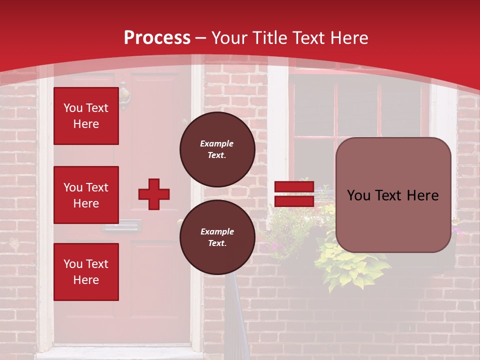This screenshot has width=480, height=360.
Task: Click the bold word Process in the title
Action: pyautogui.click(x=157, y=37)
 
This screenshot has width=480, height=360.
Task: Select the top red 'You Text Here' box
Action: pyautogui.click(x=86, y=116)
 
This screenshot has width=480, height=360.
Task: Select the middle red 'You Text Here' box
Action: pyautogui.click(x=86, y=195)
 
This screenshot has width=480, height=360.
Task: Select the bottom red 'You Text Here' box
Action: pyautogui.click(x=86, y=272)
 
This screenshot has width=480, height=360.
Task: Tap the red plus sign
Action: pyautogui.click(x=154, y=194)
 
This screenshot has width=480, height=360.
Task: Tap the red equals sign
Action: pyautogui.click(x=294, y=194)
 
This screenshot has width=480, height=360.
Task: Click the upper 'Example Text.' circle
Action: pyautogui.click(x=217, y=149)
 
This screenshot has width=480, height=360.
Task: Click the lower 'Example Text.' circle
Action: pyautogui.click(x=217, y=237)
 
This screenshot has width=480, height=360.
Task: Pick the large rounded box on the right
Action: pyautogui.click(x=393, y=195)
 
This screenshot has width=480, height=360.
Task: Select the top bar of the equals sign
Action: pyautogui.click(x=294, y=187)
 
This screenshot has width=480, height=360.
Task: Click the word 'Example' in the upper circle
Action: pyautogui.click(x=217, y=143)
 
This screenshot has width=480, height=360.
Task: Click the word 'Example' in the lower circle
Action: pyautogui.click(x=217, y=231)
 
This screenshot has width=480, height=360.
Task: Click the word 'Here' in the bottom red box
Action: pyautogui.click(x=86, y=280)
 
